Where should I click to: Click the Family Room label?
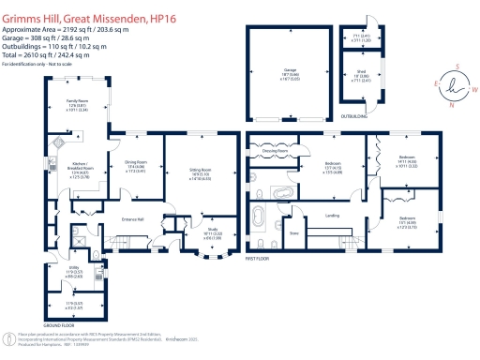pyautogui.click(x=77, y=99)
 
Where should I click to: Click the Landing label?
pyautogui.click(x=331, y=217)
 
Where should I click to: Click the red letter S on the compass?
pyautogui.click(x=457, y=67)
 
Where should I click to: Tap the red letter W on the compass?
pyautogui.click(x=473, y=91)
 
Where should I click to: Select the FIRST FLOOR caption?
pyautogui.click(x=259, y=257)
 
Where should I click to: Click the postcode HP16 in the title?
pyautogui.click(x=187, y=7)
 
